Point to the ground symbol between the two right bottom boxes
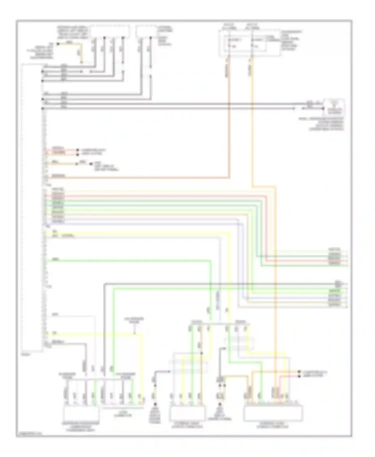coord(220,405)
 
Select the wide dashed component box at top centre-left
coord(110,31)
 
